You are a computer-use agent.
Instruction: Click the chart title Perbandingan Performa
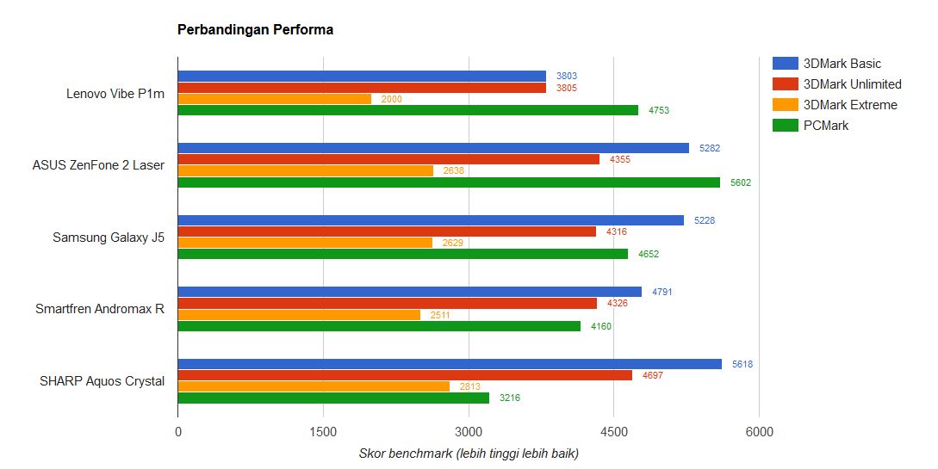pos(255,30)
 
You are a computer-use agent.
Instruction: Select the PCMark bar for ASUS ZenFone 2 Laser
pos(449,182)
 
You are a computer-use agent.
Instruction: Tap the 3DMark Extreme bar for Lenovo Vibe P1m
pos(274,99)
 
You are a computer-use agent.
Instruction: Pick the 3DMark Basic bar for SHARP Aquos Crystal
pos(450,364)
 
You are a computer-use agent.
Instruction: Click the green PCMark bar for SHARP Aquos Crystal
pos(333,398)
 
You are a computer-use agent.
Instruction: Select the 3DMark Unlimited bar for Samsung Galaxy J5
pos(387,231)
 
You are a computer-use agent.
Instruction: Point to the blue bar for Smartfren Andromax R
pos(409,292)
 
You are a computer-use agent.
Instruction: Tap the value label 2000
pos(391,99)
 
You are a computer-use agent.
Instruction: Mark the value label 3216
pos(510,398)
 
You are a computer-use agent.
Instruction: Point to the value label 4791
pos(662,292)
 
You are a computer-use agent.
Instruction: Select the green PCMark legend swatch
pos(785,126)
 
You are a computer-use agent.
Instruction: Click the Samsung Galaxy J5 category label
pos(109,237)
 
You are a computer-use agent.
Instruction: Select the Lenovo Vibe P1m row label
pos(115,93)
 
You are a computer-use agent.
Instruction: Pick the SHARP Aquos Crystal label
pos(102,380)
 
